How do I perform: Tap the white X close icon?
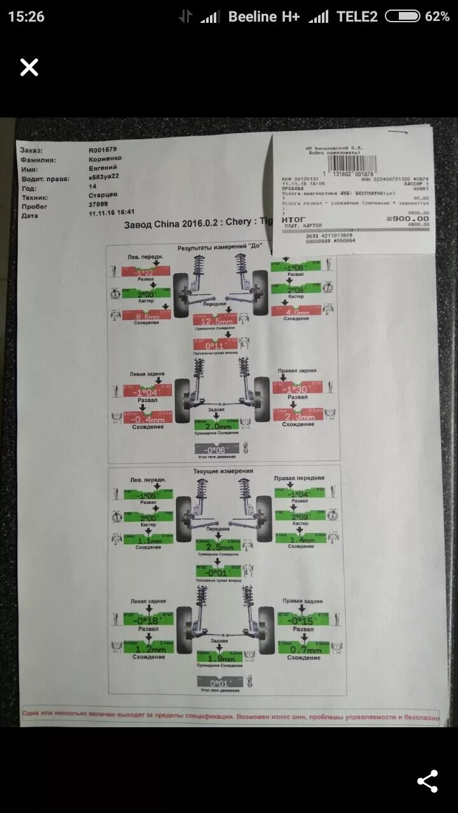click(29, 67)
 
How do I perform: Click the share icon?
click(427, 781)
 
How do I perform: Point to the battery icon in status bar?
click(403, 17)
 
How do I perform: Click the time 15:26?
click(26, 17)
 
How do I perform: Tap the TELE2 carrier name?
click(357, 17)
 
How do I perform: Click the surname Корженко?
click(105, 159)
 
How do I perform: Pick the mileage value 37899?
click(98, 205)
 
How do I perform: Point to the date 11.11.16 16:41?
click(112, 214)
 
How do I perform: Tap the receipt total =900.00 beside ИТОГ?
click(408, 218)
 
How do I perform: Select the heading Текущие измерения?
click(223, 471)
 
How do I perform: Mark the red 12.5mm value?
click(215, 321)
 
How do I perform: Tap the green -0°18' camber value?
click(148, 621)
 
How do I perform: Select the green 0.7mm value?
click(303, 649)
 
